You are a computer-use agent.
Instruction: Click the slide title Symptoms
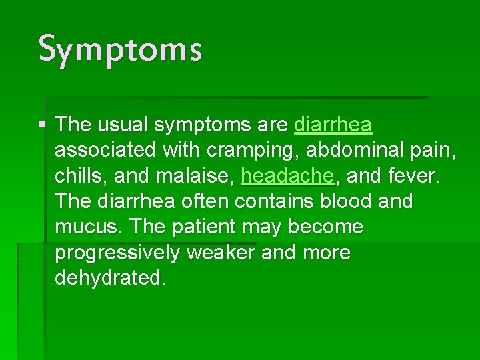tap(120, 50)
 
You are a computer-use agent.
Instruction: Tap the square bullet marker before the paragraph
tap(43, 125)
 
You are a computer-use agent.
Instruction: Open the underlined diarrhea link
tap(333, 125)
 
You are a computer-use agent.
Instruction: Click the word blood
tap(367, 201)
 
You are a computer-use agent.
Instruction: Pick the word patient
tap(204, 227)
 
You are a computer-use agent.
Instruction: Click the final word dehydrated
tap(110, 278)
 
